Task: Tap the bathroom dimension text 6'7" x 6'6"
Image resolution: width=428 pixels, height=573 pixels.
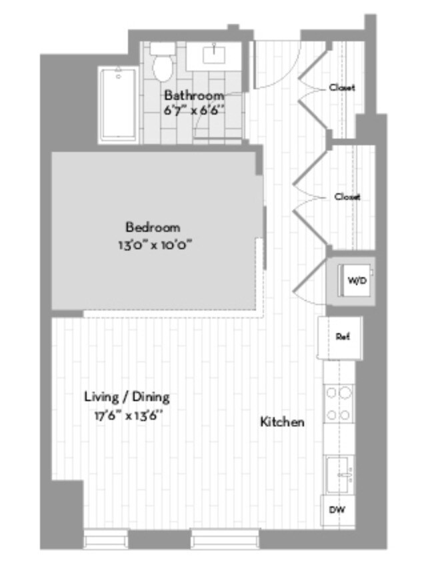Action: point(194,110)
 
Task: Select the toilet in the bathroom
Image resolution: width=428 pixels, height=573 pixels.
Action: point(161,62)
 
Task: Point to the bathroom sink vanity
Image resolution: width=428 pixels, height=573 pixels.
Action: point(215,55)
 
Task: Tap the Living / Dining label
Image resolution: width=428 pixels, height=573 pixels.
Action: point(127,398)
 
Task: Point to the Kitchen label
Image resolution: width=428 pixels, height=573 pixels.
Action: point(282,422)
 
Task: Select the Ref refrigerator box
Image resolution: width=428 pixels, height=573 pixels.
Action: point(342,337)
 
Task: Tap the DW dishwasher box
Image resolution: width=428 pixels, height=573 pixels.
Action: point(338,512)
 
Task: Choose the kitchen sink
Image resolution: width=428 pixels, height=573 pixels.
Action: point(341,474)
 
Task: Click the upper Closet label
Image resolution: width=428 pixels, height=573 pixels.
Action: point(342,87)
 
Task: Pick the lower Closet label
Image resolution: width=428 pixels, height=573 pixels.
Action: point(347,197)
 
